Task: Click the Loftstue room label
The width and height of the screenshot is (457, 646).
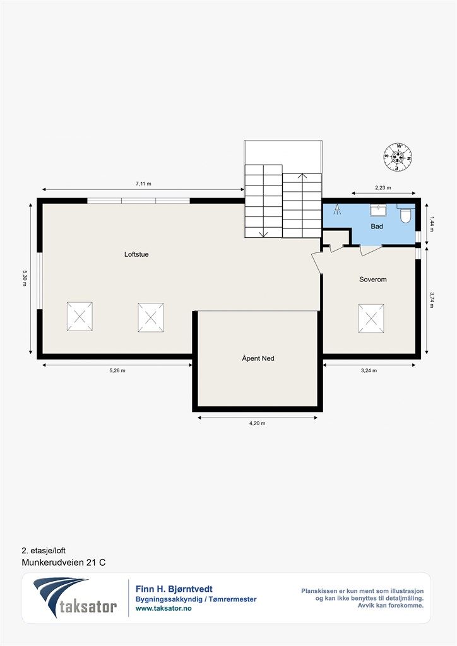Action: pos(136,254)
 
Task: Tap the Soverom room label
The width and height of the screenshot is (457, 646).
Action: pos(373,279)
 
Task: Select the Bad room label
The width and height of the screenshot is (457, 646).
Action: pos(377,226)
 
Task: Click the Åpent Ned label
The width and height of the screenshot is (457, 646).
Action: pos(258,358)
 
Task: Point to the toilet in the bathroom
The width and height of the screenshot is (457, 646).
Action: pos(406,214)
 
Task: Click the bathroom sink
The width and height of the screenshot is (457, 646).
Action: pos(378,210)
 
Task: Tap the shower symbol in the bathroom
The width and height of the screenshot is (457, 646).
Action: pos(338,209)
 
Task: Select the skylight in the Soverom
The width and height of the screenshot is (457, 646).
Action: pos(371,319)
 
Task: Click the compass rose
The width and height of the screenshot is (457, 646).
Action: pos(398,156)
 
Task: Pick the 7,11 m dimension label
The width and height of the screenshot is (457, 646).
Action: pos(143,184)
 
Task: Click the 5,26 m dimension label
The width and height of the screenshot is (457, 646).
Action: pos(117,370)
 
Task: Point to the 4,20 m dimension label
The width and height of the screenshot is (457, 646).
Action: pos(258,423)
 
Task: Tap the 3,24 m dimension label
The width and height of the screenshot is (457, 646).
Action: pos(369,370)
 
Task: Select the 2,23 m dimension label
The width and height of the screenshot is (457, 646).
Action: pos(383,187)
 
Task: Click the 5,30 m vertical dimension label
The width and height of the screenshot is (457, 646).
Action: pos(25,278)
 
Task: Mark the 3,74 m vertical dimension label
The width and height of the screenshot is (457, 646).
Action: pos(432,300)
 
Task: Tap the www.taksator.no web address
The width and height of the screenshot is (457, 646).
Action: pos(163,608)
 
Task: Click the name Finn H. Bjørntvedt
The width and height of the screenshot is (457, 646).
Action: pos(174,589)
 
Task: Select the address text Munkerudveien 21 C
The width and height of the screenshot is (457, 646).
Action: pos(64,562)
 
